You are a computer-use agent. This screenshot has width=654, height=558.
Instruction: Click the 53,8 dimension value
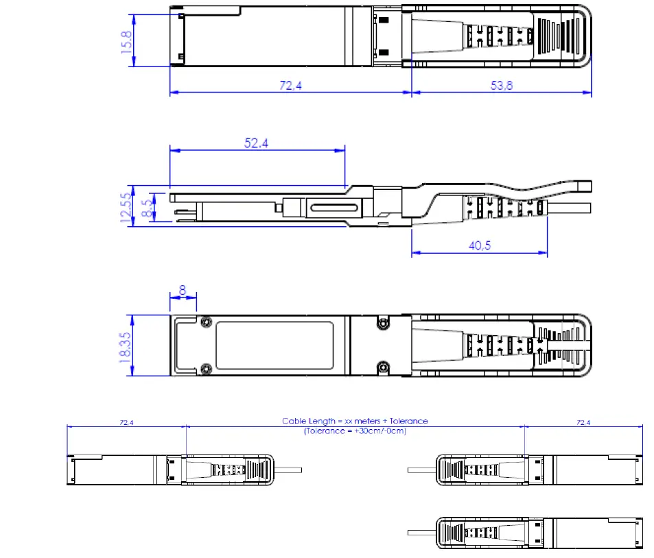[x=502, y=85]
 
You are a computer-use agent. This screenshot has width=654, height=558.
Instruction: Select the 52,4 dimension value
[x=256, y=143]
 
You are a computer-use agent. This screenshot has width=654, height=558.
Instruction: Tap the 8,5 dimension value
[x=145, y=208]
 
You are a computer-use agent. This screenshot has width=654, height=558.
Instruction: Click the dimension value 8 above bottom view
[x=183, y=290]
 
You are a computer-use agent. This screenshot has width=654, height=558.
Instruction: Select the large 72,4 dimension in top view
[x=290, y=85]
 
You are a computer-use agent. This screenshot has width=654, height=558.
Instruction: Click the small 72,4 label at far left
[x=126, y=423]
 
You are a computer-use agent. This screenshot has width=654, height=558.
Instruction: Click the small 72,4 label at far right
[x=583, y=423]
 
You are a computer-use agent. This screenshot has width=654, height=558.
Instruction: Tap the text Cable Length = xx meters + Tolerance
[x=355, y=421]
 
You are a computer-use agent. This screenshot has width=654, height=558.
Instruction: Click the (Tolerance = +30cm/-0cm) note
[x=355, y=431]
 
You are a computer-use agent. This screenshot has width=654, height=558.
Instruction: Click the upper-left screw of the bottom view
[x=206, y=322]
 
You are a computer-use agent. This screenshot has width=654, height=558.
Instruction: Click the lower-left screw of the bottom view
[x=206, y=369]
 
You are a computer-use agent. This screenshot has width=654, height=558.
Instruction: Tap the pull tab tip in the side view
[x=584, y=186]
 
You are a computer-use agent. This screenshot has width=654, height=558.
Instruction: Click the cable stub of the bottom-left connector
[x=289, y=470]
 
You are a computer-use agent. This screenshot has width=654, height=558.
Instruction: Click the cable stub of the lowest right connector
[x=421, y=533]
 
